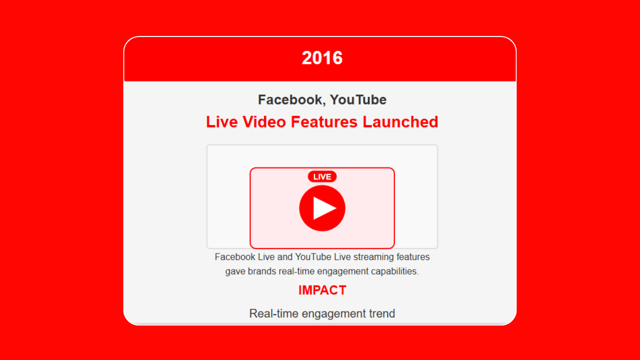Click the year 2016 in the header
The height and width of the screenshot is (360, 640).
tap(322, 58)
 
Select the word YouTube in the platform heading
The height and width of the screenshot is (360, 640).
tap(358, 99)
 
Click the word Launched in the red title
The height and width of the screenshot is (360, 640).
tap(400, 122)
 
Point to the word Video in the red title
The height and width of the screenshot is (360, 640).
tap(264, 122)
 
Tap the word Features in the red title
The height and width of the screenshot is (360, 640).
tap(324, 122)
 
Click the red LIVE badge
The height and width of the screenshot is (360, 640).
tap(322, 177)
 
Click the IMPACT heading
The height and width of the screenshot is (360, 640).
tap(322, 290)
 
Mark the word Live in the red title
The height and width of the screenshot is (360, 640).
tap(222, 122)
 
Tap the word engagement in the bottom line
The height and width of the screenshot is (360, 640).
tap(333, 314)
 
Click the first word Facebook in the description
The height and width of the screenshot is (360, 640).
tap(235, 257)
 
